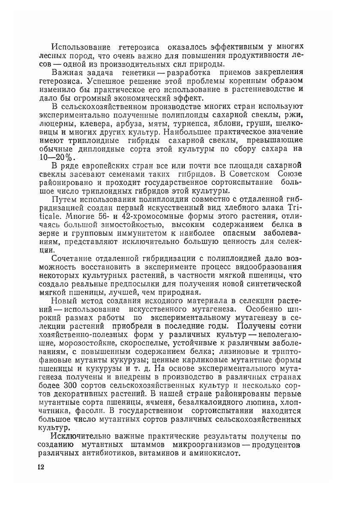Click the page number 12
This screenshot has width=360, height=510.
click(41, 467)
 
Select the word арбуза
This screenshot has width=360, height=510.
click(129, 123)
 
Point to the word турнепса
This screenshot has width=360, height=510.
click(200, 123)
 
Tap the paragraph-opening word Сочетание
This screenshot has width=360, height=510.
click(72, 259)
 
